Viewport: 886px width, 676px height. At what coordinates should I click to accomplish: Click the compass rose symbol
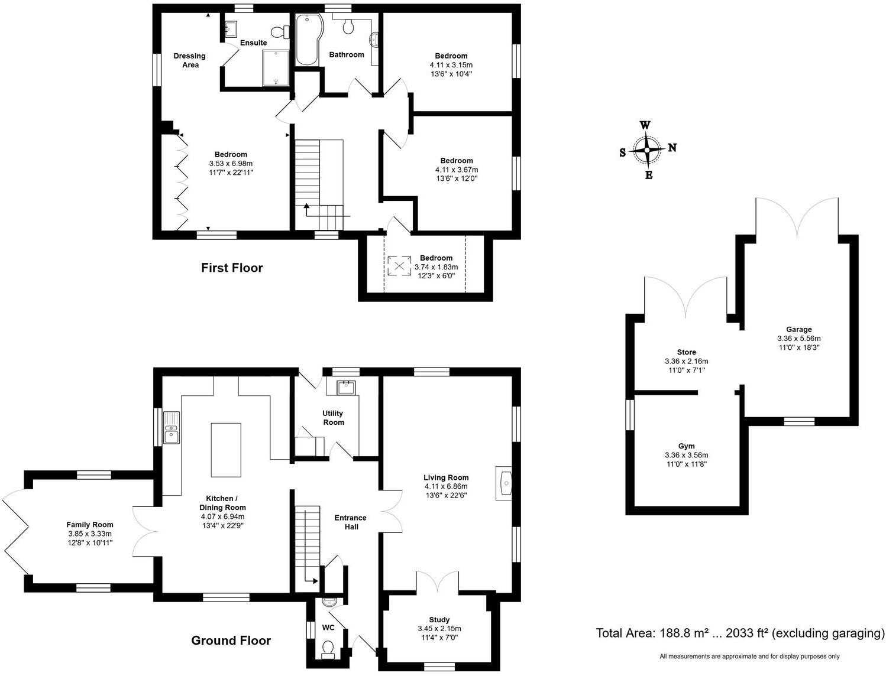pos(647,150)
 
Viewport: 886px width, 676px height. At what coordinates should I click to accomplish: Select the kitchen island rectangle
pos(226,449)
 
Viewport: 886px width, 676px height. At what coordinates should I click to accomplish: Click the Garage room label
pos(798,330)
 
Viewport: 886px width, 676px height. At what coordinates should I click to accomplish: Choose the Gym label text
pos(686,446)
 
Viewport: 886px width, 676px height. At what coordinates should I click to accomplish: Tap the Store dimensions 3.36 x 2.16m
pos(686,361)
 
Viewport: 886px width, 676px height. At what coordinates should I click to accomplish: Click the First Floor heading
pos(232,268)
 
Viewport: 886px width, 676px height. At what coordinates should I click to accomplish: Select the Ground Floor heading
pos(231,641)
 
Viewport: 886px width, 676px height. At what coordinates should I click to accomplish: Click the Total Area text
pos(740,633)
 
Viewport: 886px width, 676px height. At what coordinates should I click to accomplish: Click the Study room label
pos(439,620)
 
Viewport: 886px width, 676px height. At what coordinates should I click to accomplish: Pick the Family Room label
pos(90,525)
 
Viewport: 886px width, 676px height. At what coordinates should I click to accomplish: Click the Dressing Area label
pos(189,60)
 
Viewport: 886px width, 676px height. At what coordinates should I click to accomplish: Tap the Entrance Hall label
pos(350,522)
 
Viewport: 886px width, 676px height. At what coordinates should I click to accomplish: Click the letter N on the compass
pos(672,148)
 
